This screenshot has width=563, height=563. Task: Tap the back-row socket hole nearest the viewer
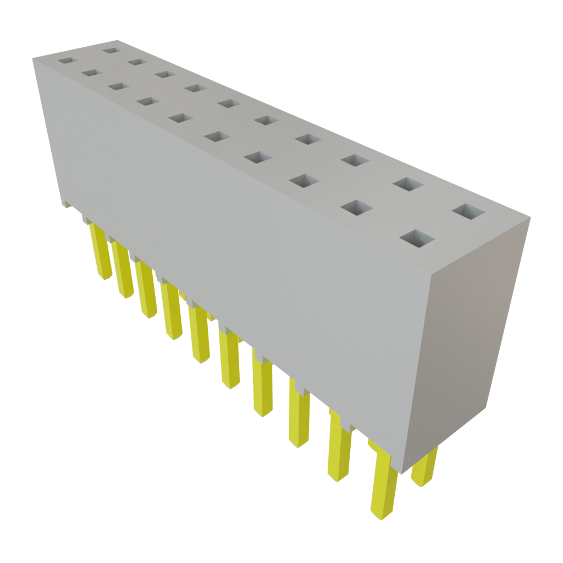pos(469,212)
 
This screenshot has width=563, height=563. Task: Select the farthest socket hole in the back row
pos(111,50)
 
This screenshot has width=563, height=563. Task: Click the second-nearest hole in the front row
pos(356,207)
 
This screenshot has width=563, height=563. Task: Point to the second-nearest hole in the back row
pos(407,184)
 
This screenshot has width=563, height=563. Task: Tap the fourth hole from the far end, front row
pos(146,101)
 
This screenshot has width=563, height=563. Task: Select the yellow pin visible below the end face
pos(425,467)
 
